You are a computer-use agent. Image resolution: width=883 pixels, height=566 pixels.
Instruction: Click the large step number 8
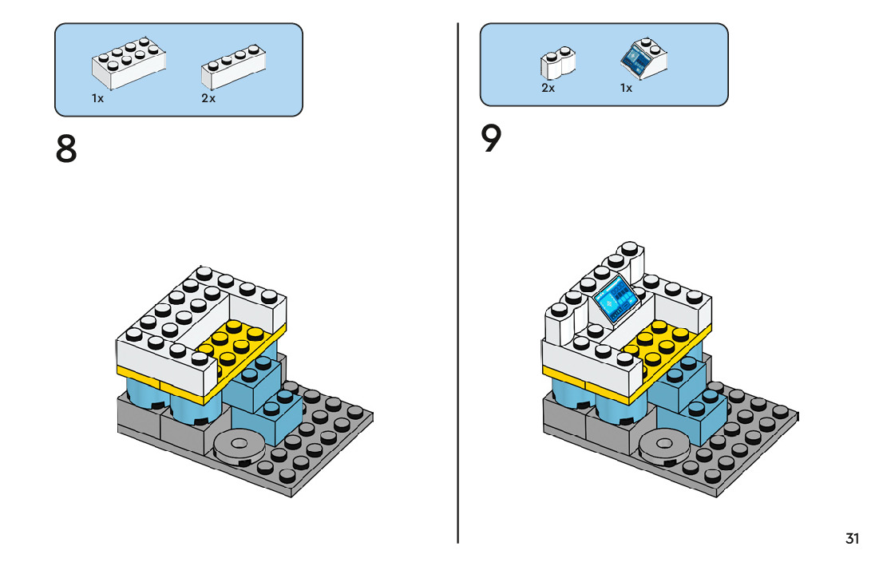click(x=66, y=148)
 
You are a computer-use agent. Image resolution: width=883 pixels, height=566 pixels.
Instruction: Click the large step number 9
click(x=491, y=139)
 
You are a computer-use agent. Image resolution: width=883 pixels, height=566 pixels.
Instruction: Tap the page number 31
click(x=852, y=538)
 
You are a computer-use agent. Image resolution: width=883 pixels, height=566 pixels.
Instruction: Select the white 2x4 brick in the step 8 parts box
click(x=129, y=63)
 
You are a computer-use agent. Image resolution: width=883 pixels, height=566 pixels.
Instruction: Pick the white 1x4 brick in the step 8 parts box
click(x=234, y=67)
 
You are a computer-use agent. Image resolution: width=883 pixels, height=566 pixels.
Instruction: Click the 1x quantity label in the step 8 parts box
click(x=98, y=98)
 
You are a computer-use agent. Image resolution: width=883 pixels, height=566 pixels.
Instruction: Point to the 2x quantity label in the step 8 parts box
click(x=208, y=98)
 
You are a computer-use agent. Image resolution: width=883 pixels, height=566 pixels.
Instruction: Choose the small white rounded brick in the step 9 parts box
click(x=558, y=63)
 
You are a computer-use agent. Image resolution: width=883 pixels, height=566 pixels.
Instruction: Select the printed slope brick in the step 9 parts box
click(x=643, y=58)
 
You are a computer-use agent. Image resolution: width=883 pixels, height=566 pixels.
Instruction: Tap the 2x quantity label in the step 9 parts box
click(x=548, y=89)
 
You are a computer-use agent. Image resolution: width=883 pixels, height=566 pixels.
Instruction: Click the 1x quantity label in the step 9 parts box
click(x=626, y=89)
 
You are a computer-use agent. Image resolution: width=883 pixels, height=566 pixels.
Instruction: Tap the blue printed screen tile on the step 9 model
click(x=616, y=299)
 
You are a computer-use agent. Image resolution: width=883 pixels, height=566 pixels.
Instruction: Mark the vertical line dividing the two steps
click(x=457, y=283)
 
